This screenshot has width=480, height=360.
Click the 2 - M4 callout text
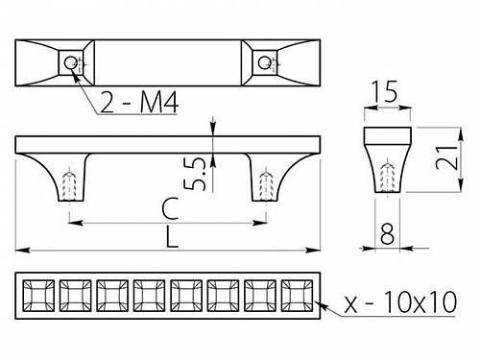pos(139,102)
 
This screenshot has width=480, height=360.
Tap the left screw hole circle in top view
pos(70,62)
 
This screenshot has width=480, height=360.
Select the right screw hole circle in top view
pos(264,62)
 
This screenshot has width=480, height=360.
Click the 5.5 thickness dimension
pos(195,174)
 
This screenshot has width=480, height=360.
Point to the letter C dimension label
pos(170,208)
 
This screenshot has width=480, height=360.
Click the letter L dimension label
pos(172,237)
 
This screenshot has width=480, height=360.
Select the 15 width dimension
pos(387,91)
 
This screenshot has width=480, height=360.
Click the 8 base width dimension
pos(387,234)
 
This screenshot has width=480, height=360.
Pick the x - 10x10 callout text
pos(400,301)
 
